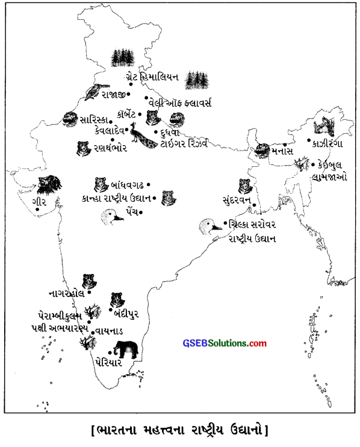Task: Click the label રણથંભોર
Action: [x=109, y=146]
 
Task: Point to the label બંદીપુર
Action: [x=127, y=313]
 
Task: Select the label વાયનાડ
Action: [x=108, y=331]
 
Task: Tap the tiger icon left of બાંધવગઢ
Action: [x=100, y=184]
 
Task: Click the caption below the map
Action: [x=181, y=430]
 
